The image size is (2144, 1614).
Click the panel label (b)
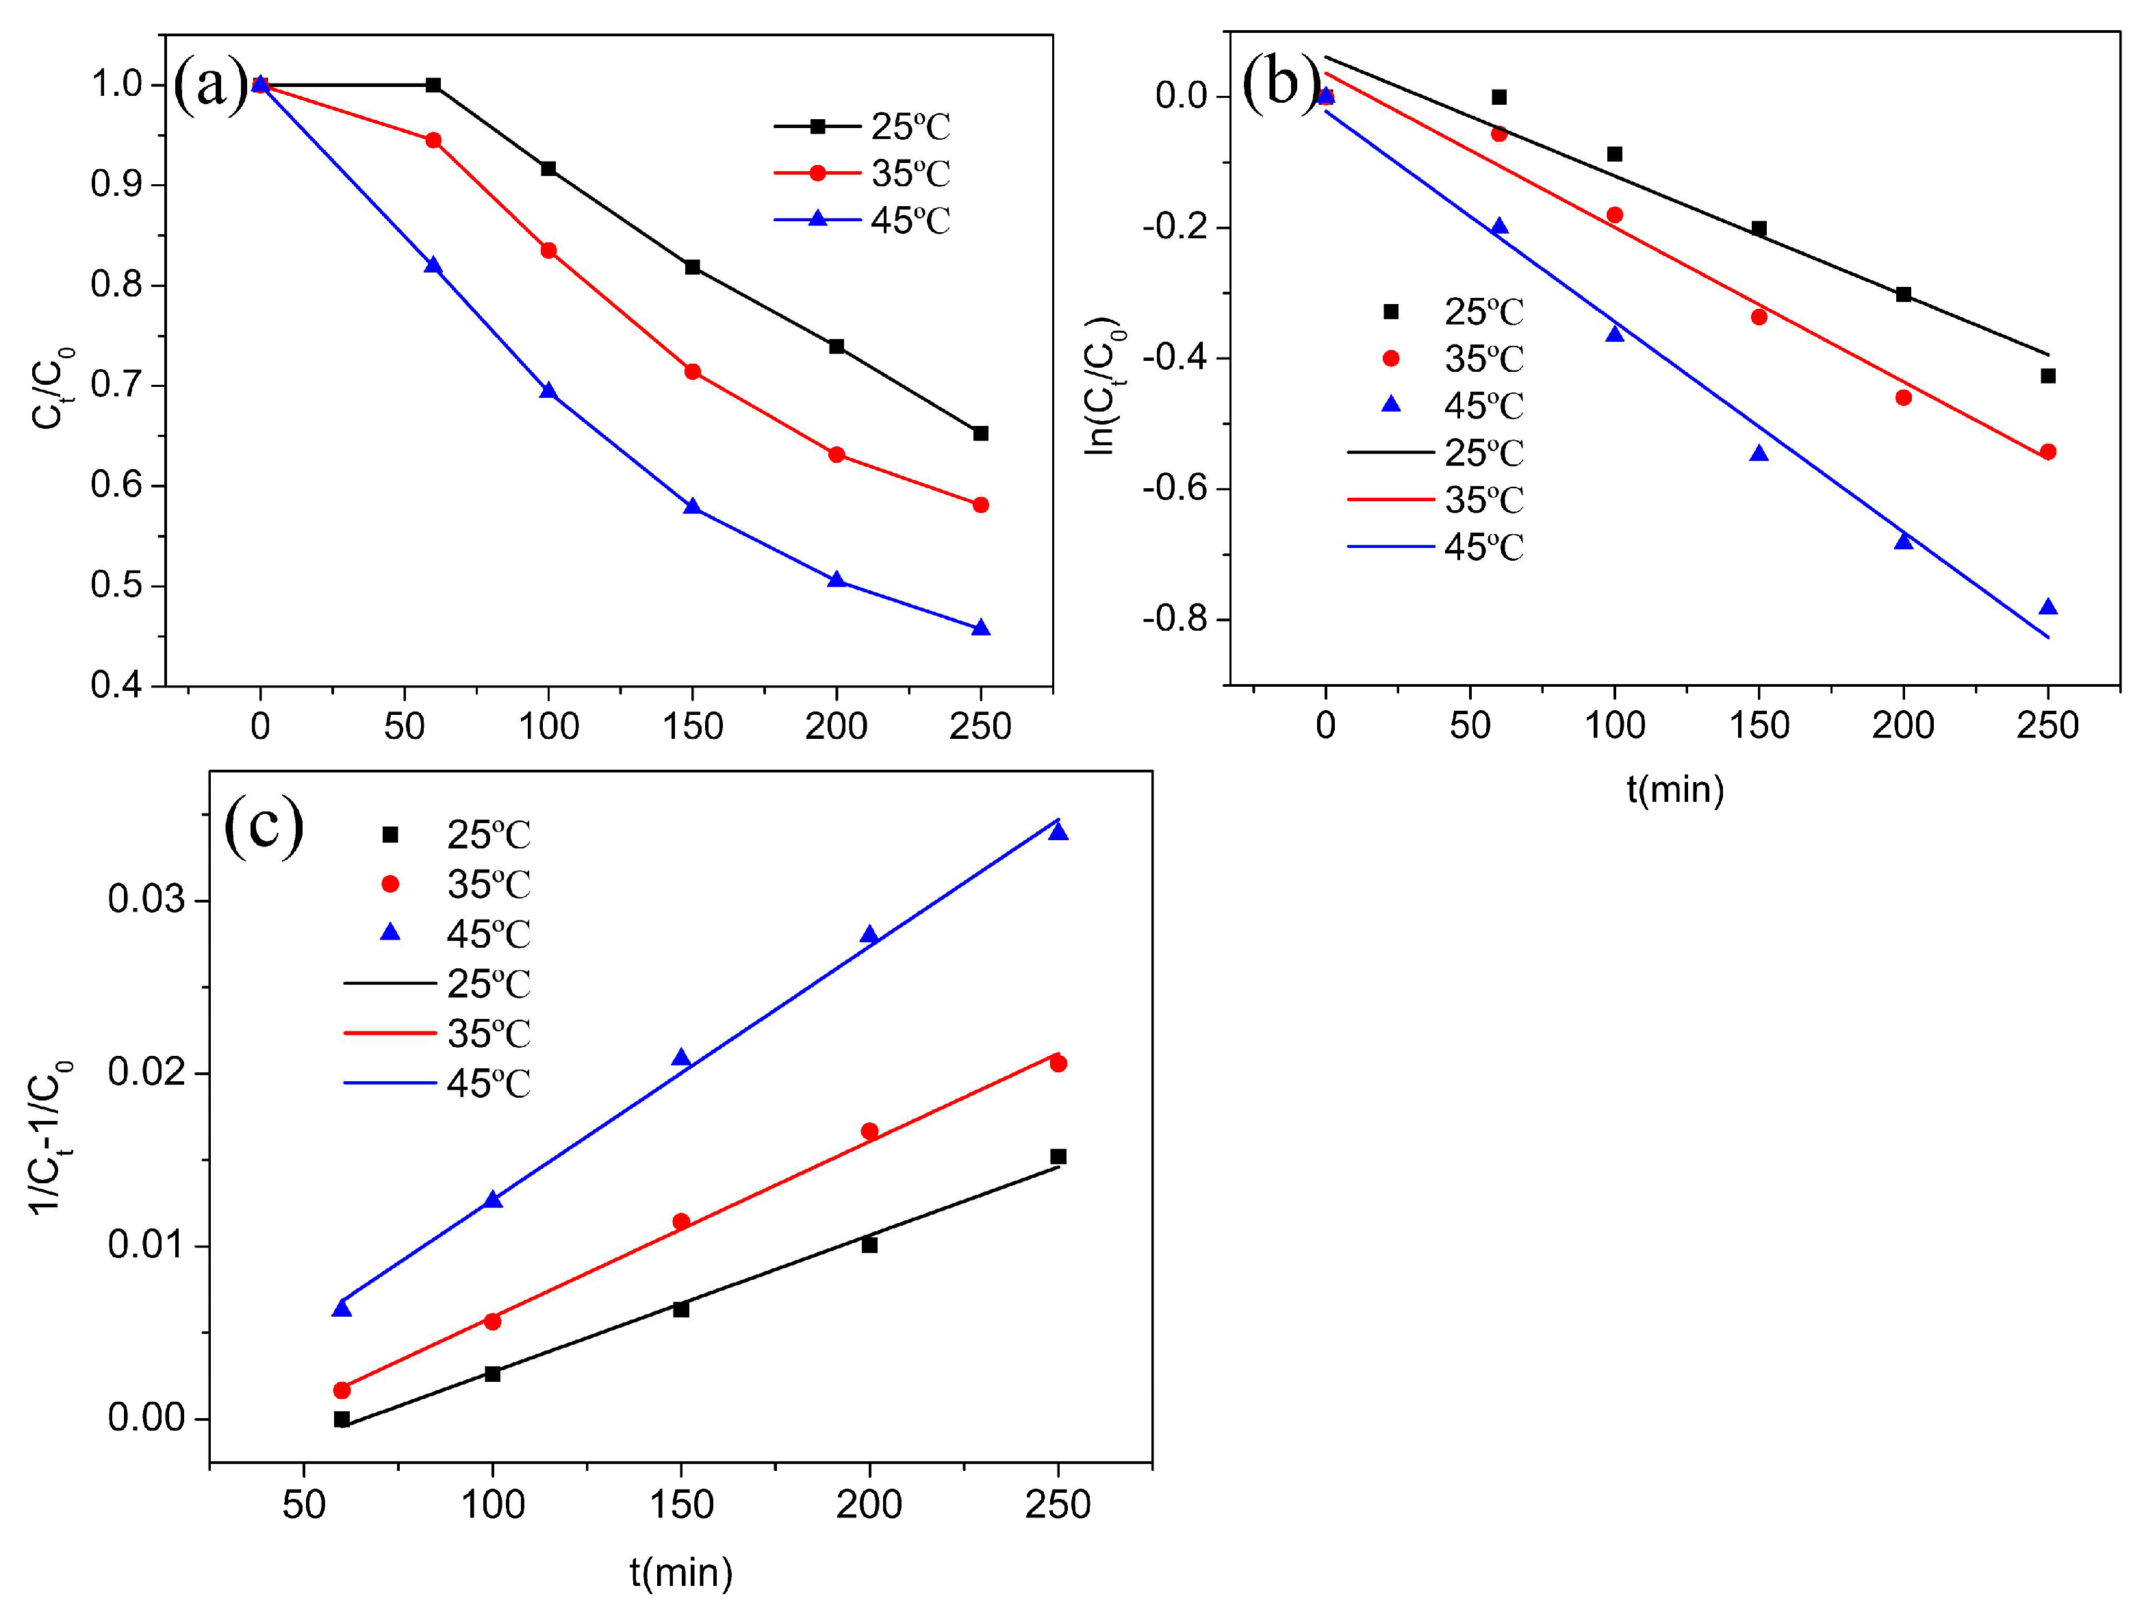1279,82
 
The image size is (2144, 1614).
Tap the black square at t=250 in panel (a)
980,433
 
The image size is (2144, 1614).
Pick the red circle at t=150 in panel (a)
692,371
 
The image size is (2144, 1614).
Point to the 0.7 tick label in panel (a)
116,385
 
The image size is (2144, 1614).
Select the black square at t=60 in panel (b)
1498,97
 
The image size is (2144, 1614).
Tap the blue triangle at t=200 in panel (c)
869,935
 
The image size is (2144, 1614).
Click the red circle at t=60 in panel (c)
341,1390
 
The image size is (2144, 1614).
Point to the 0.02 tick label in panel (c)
145,1072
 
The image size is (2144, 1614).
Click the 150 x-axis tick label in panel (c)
680,1504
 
